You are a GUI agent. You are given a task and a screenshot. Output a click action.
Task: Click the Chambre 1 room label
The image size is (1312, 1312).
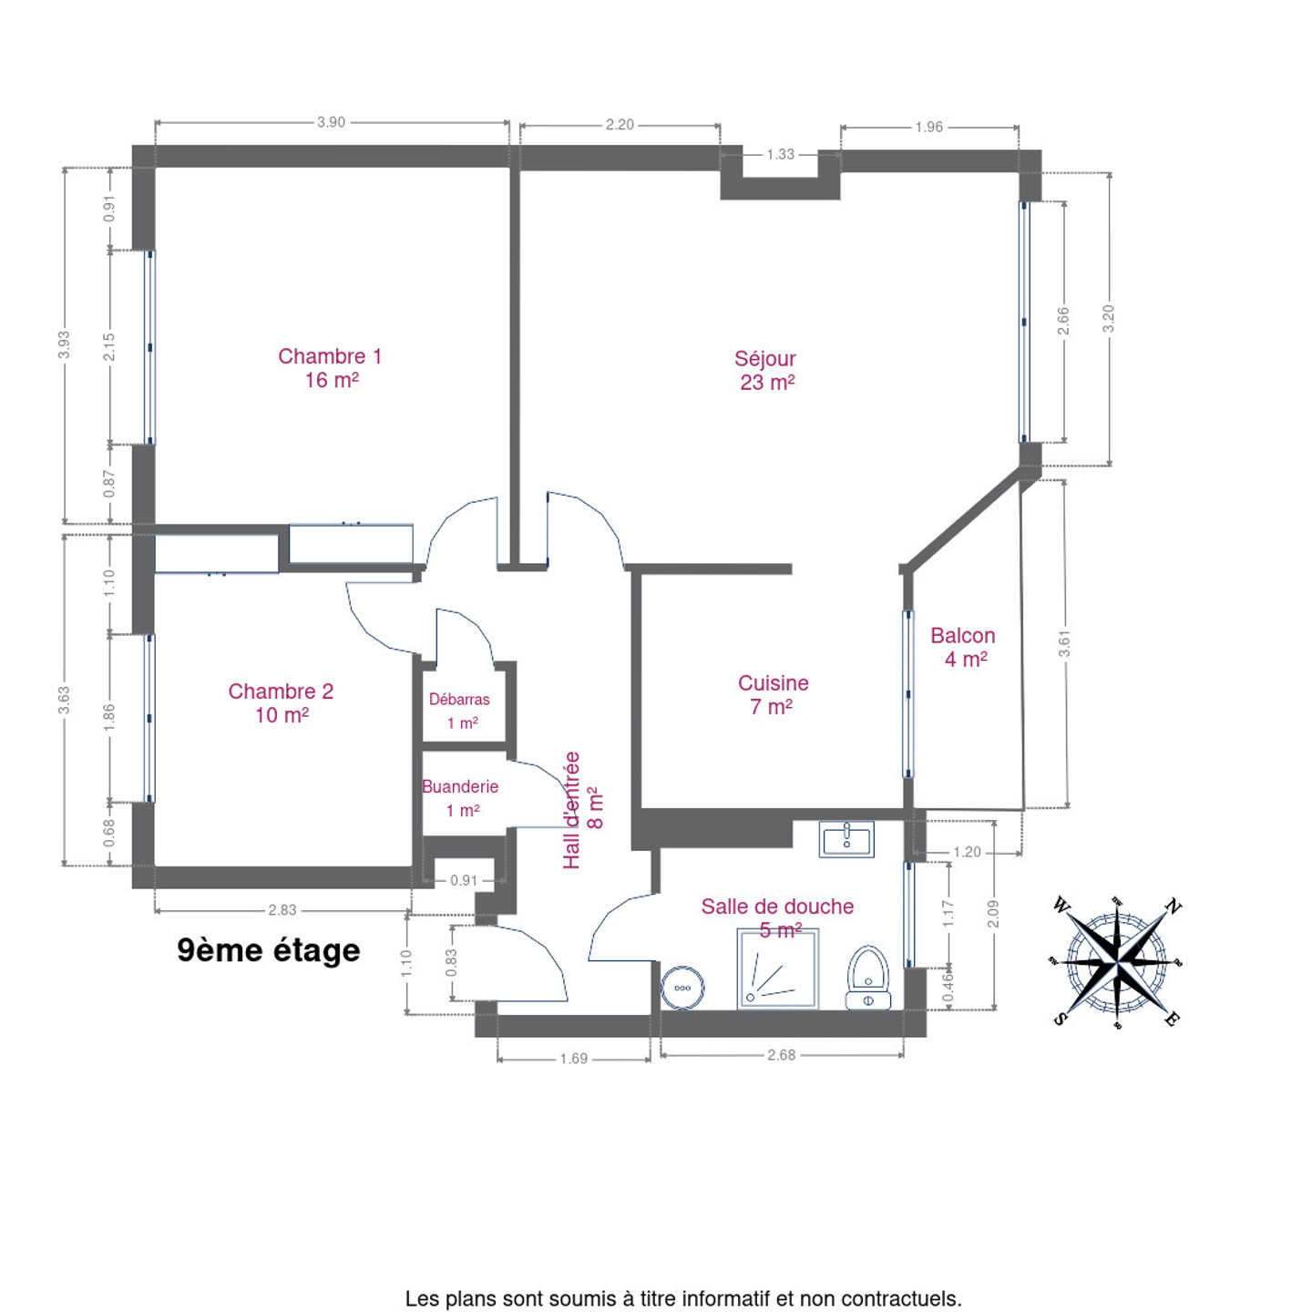click(x=330, y=368)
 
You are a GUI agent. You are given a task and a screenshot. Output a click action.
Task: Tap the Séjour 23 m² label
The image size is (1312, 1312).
click(x=766, y=371)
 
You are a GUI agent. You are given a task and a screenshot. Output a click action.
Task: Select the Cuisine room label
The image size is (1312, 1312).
click(x=773, y=694)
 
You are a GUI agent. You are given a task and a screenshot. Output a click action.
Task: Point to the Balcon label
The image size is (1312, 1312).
click(x=963, y=647)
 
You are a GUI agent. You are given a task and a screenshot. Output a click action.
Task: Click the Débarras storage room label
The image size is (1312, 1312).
click(x=459, y=711)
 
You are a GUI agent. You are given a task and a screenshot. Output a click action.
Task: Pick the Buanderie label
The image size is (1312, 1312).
click(x=460, y=798)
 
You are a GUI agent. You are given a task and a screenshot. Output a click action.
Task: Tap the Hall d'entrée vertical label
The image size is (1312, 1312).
click(x=582, y=810)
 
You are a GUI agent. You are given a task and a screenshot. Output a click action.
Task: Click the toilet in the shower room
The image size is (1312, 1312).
click(x=868, y=977)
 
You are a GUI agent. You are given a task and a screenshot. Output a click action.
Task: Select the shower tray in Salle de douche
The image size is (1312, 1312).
click(x=777, y=969)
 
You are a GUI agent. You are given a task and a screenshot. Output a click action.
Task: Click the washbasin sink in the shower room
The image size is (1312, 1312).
click(x=846, y=839)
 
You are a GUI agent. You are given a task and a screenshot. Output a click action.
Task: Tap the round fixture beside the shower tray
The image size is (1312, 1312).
click(x=682, y=988)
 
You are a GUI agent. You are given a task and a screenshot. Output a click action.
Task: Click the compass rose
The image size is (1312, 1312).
click(x=1117, y=962)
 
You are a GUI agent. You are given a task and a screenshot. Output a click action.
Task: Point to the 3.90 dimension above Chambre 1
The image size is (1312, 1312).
click(x=331, y=122)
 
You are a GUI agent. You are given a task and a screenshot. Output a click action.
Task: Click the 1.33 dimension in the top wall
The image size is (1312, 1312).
click(x=780, y=155)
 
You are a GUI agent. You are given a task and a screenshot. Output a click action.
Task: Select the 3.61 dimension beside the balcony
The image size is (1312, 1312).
click(x=1064, y=644)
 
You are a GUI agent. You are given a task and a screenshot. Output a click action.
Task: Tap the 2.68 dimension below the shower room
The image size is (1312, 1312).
click(x=781, y=1055)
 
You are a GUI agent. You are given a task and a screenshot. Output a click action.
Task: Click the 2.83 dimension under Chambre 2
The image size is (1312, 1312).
click(x=282, y=910)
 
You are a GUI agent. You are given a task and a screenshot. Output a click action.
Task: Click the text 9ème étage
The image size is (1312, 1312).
click(x=268, y=950)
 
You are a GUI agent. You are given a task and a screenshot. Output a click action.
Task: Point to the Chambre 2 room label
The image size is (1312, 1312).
click(x=281, y=702)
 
